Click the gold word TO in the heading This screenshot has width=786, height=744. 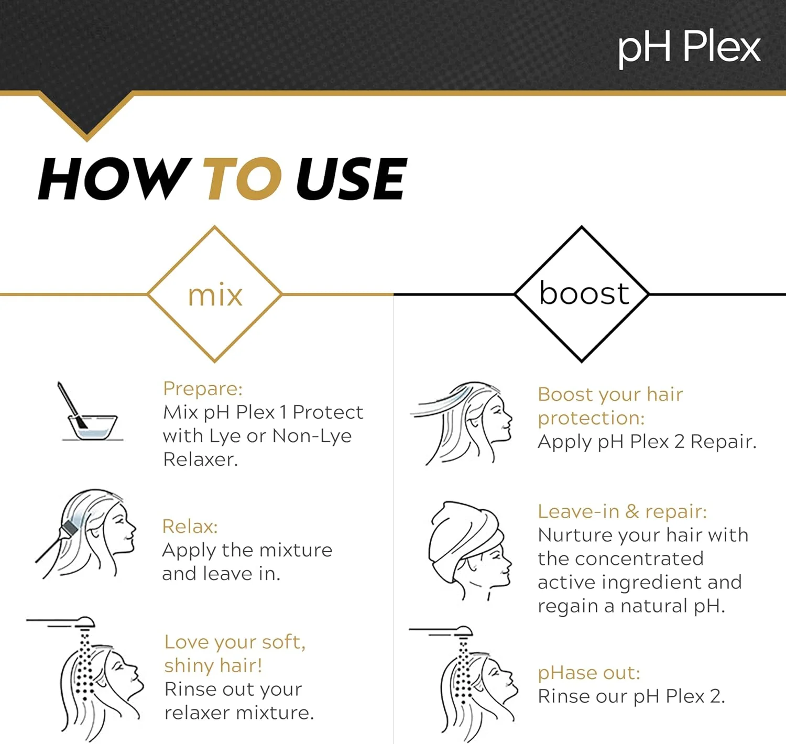[242, 180]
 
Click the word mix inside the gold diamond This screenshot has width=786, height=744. [215, 296]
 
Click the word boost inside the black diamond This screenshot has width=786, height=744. [584, 293]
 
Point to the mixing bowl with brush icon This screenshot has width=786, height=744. [89, 414]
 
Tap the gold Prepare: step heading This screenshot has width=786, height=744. [203, 389]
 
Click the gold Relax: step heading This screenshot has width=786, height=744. [190, 527]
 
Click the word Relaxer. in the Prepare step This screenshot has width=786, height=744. [200, 459]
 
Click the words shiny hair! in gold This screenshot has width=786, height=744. [213, 665]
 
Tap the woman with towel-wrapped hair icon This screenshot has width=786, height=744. [468, 550]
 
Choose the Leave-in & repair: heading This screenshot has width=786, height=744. [622, 511]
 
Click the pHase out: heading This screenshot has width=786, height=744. [589, 673]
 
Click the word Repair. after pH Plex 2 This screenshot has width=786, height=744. [723, 442]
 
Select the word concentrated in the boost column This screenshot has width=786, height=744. [639, 559]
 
